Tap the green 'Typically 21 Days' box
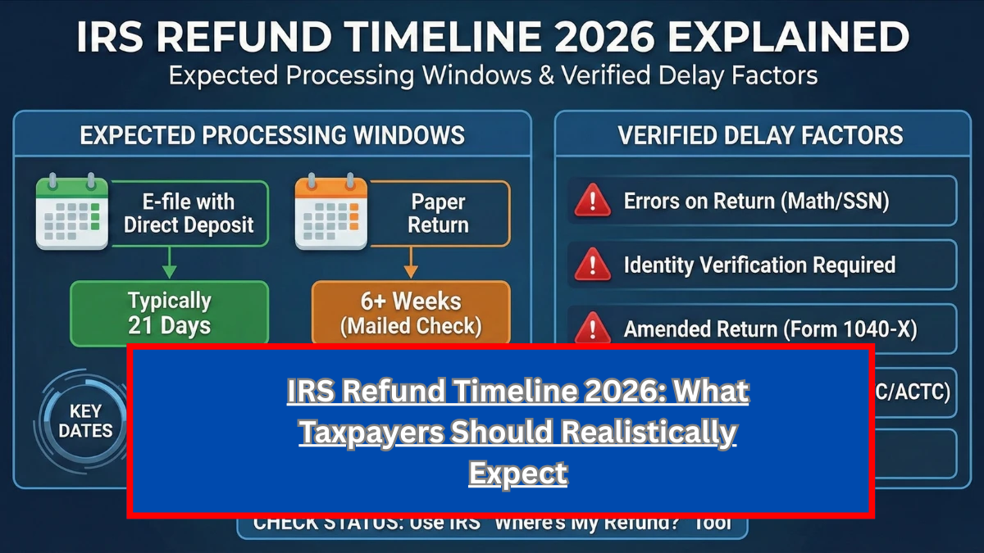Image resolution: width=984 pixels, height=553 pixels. click(x=170, y=313)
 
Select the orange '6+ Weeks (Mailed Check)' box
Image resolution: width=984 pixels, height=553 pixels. click(x=411, y=313)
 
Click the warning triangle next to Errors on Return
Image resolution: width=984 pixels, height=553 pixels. click(x=593, y=201)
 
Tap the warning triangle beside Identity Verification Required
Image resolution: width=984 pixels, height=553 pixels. click(x=593, y=265)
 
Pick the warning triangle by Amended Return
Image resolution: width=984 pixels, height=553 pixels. click(x=593, y=329)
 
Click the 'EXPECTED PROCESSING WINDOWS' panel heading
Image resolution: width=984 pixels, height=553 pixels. click(x=272, y=135)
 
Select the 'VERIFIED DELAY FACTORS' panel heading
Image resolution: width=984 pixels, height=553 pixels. click(x=760, y=135)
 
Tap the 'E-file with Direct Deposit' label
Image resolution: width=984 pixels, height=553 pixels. click(x=189, y=213)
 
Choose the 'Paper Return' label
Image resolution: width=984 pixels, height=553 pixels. click(x=439, y=213)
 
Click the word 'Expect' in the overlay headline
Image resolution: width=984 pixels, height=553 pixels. click(x=517, y=473)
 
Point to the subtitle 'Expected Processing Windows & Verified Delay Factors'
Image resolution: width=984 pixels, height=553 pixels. click(x=493, y=76)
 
